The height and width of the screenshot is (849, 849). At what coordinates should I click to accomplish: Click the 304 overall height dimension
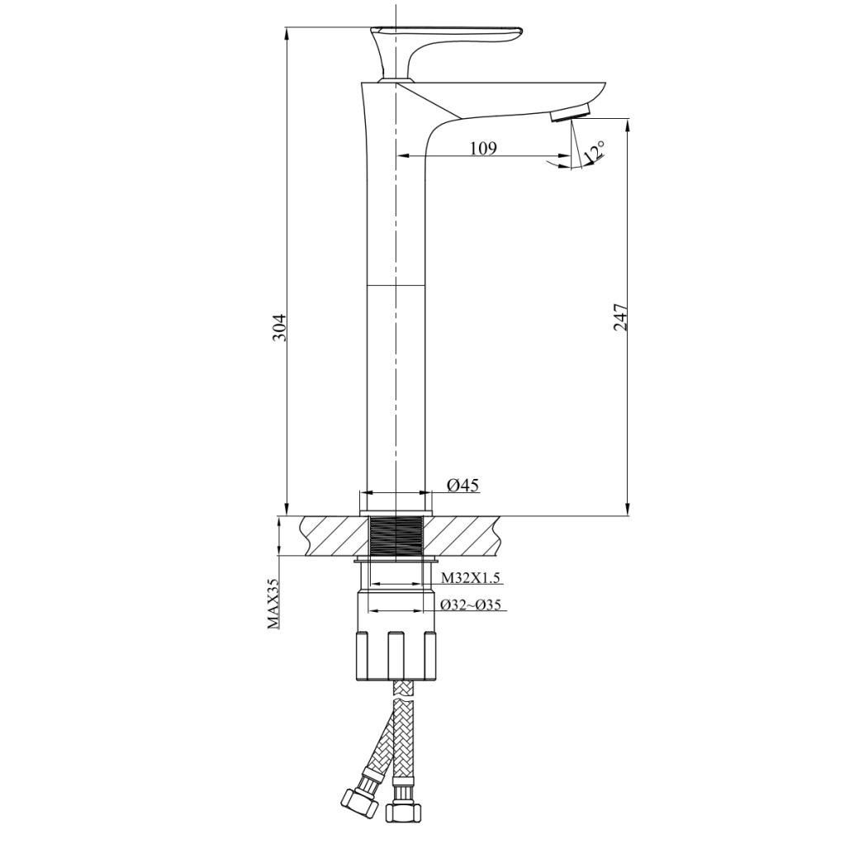point(281,327)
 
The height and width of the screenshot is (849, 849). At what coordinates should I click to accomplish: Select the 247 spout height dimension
point(620,318)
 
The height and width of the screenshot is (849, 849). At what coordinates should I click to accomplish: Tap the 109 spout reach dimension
point(483,148)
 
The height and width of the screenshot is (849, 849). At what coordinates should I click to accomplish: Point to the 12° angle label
point(594,152)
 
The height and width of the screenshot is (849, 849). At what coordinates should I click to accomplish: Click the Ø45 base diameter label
point(462,486)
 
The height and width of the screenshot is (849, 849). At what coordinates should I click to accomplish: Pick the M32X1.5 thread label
point(470,577)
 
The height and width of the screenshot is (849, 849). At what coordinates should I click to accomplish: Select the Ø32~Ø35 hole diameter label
point(471,605)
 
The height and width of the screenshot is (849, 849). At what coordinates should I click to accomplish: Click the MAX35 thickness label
point(273,603)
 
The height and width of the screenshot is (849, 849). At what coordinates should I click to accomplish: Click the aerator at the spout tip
point(572,113)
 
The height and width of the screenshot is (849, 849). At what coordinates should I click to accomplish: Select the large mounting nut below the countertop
point(396,654)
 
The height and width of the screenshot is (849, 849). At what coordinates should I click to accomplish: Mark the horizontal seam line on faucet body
point(396,286)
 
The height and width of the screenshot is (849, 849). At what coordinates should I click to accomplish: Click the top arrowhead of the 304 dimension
point(287,33)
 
